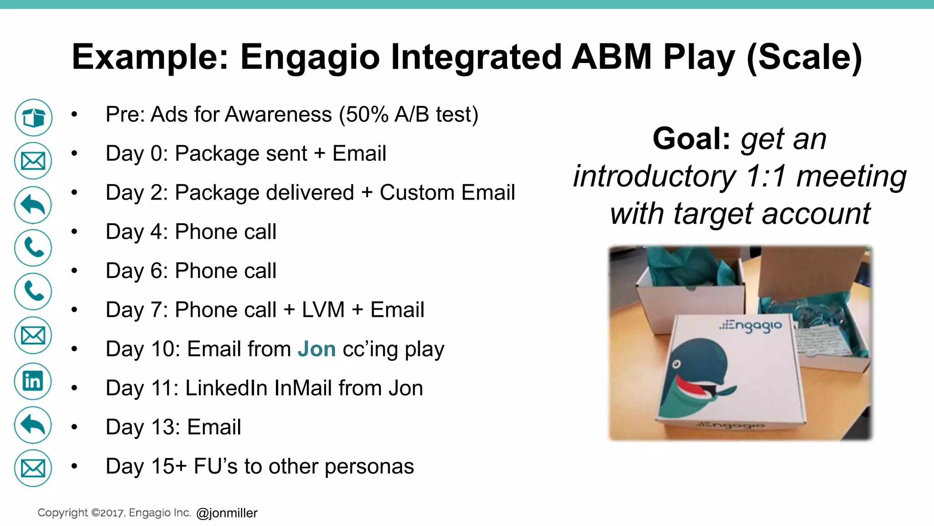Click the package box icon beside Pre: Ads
click(x=33, y=118)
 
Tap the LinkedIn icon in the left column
click(x=33, y=381)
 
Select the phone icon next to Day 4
click(x=33, y=248)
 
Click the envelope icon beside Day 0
click(x=33, y=161)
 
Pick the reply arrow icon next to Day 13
click(x=33, y=425)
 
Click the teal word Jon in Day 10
click(x=317, y=349)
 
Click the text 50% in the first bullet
click(x=367, y=114)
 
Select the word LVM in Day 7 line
click(x=323, y=310)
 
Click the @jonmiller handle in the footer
click(x=227, y=513)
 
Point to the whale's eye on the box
click(x=677, y=364)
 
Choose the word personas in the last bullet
click(x=369, y=467)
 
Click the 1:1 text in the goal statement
click(x=766, y=176)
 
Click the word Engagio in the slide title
click(x=310, y=57)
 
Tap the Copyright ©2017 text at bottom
click(x=80, y=513)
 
